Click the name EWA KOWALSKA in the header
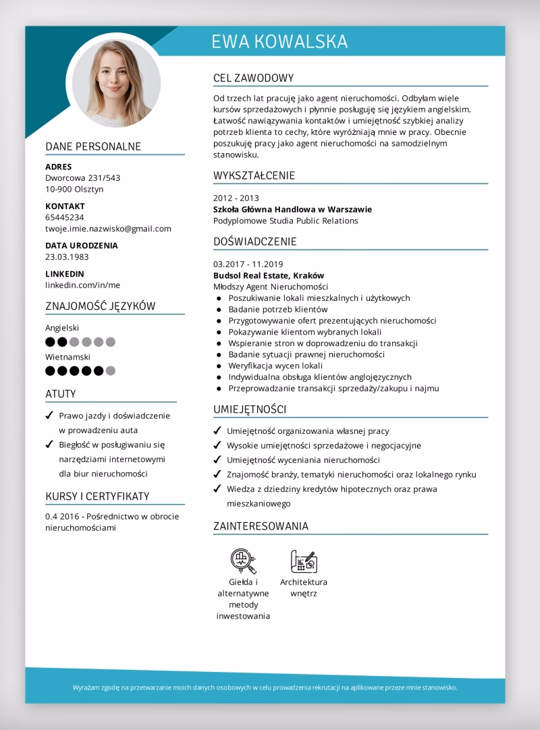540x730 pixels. click(x=279, y=41)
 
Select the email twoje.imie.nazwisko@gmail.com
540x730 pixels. click(x=108, y=229)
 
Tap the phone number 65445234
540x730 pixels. click(x=65, y=217)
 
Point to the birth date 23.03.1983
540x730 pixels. click(x=67, y=257)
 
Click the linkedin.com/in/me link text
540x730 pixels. click(x=82, y=285)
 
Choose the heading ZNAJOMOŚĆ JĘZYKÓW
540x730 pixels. click(x=101, y=306)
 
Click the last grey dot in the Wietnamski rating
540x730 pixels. click(x=111, y=370)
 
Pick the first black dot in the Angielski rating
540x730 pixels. click(x=50, y=342)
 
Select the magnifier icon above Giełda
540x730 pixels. click(x=241, y=559)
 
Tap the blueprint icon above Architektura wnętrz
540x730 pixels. click(x=303, y=560)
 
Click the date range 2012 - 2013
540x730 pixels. click(x=236, y=198)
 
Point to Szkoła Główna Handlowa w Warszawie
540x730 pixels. click(x=292, y=209)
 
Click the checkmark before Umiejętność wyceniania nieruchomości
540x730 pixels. click(x=217, y=460)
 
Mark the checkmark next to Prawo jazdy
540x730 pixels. click(x=49, y=416)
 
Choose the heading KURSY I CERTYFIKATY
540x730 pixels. click(x=97, y=497)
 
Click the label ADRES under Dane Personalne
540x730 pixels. click(x=58, y=167)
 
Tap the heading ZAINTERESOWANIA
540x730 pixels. click(x=261, y=526)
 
